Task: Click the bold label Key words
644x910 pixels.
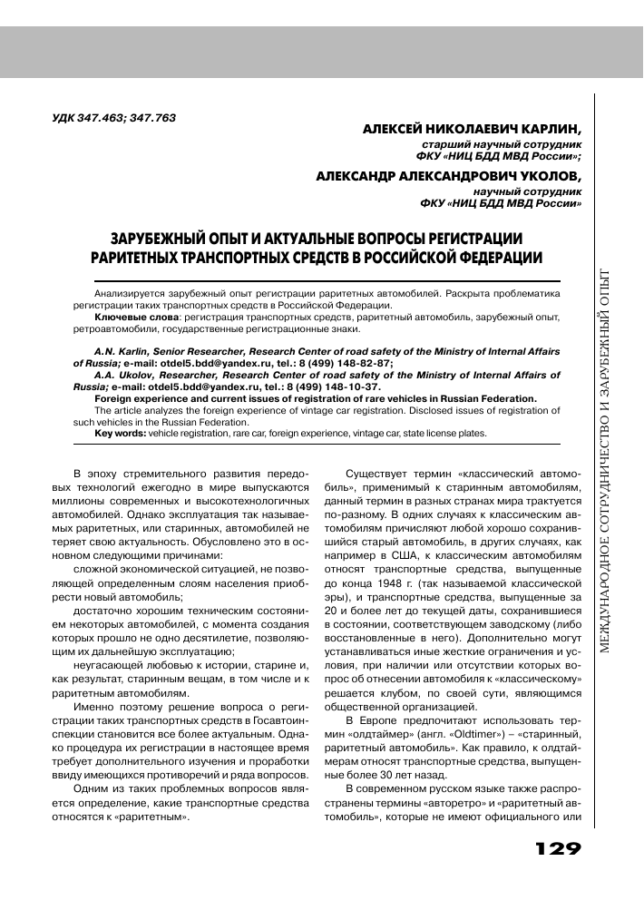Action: point(121,434)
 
